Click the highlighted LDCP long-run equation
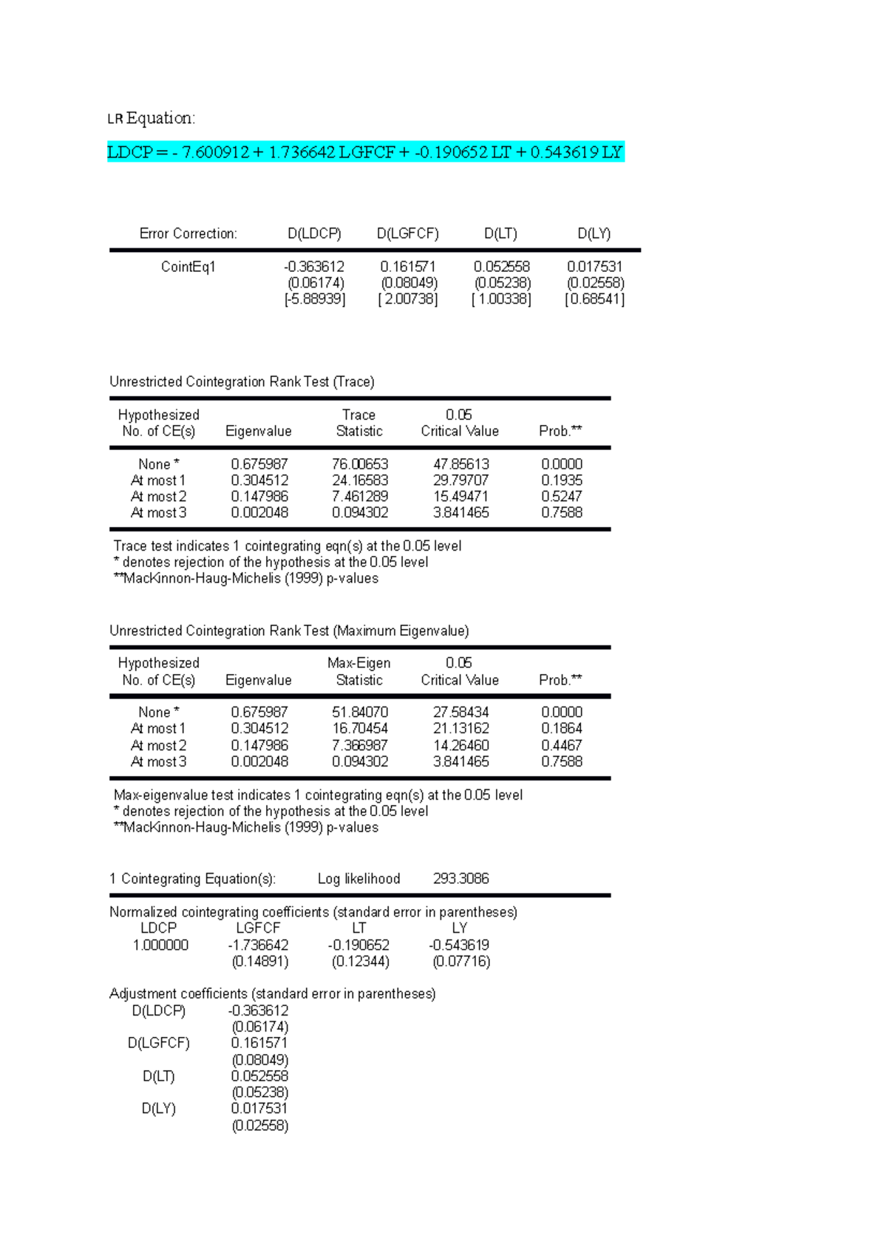click(365, 152)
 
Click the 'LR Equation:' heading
click(152, 118)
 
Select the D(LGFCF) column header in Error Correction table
click(407, 234)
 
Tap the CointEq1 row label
click(188, 267)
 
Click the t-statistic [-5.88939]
click(315, 299)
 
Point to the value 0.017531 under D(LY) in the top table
click(594, 267)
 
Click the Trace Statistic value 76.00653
click(360, 464)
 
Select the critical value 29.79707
click(461, 480)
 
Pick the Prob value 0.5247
click(561, 497)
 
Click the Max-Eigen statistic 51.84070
click(360, 712)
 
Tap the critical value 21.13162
click(461, 729)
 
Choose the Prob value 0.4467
click(561, 745)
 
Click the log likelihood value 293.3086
click(461, 879)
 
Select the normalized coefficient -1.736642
click(258, 945)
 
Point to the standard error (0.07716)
click(461, 962)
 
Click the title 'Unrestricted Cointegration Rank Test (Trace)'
click(242, 382)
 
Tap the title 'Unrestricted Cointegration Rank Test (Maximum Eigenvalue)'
click(289, 631)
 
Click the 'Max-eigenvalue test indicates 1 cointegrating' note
click(318, 795)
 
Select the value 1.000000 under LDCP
click(160, 945)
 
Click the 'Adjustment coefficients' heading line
click(272, 994)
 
